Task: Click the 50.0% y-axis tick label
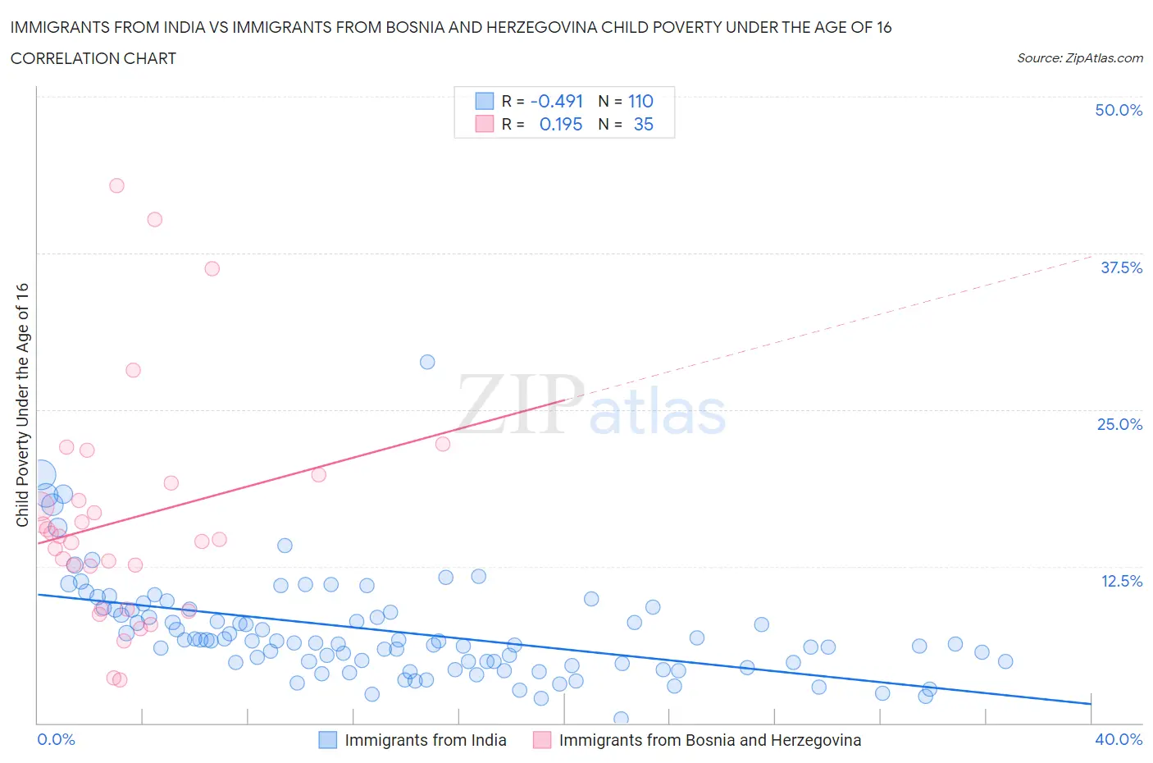[1119, 110]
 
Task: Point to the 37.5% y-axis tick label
[1121, 267]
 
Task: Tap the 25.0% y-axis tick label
[1119, 424]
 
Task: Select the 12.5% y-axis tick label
[1121, 581]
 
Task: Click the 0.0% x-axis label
[56, 739]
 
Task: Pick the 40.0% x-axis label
[1119, 739]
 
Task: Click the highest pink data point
[116, 185]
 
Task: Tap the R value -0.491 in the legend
[557, 101]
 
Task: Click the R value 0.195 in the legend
[561, 124]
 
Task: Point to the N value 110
[640, 101]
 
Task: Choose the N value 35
[643, 124]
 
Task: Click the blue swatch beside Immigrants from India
[328, 740]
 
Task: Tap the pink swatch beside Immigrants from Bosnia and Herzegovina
[542, 740]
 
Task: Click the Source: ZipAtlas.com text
[1079, 57]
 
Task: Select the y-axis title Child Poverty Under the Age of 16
[22, 404]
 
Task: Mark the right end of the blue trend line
[1091, 703]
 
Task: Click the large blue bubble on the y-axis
[39, 474]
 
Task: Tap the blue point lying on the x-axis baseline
[621, 719]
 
